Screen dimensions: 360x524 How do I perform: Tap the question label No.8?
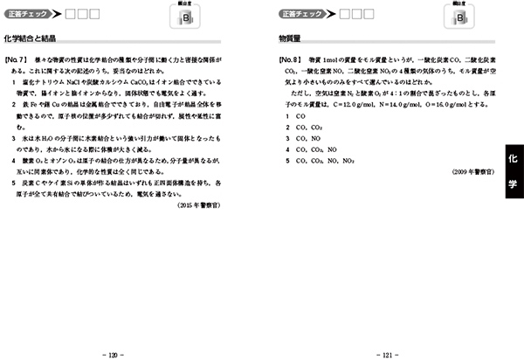click(291, 59)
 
